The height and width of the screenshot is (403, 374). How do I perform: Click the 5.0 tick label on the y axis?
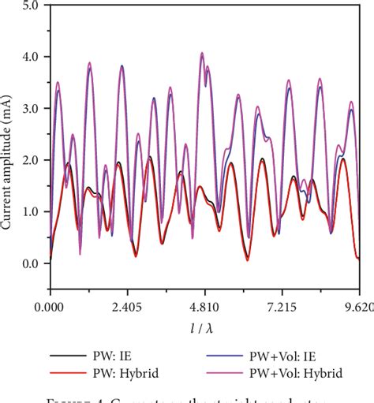(x=31, y=6)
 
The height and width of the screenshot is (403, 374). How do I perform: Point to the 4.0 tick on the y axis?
(x=31, y=57)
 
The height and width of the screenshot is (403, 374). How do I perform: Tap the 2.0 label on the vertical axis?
(x=31, y=160)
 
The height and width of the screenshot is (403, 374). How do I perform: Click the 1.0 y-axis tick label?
(x=31, y=211)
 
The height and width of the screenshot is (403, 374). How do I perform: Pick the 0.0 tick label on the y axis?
(x=31, y=263)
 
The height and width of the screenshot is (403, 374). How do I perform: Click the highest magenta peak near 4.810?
(x=202, y=53)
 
